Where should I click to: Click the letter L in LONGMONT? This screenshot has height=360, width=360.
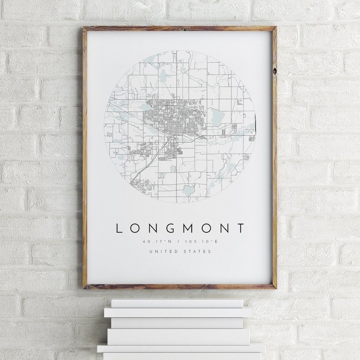coord(119,228)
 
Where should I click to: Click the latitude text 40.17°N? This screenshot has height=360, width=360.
coord(154,241)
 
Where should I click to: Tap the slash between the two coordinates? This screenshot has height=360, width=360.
coord(180,241)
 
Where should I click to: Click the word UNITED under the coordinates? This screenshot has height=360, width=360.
coord(162,251)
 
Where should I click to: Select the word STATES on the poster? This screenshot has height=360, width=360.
coord(198,251)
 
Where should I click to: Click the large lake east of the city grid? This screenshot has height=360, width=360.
coord(216,117)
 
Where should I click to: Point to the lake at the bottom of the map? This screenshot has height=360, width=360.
coord(189,190)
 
